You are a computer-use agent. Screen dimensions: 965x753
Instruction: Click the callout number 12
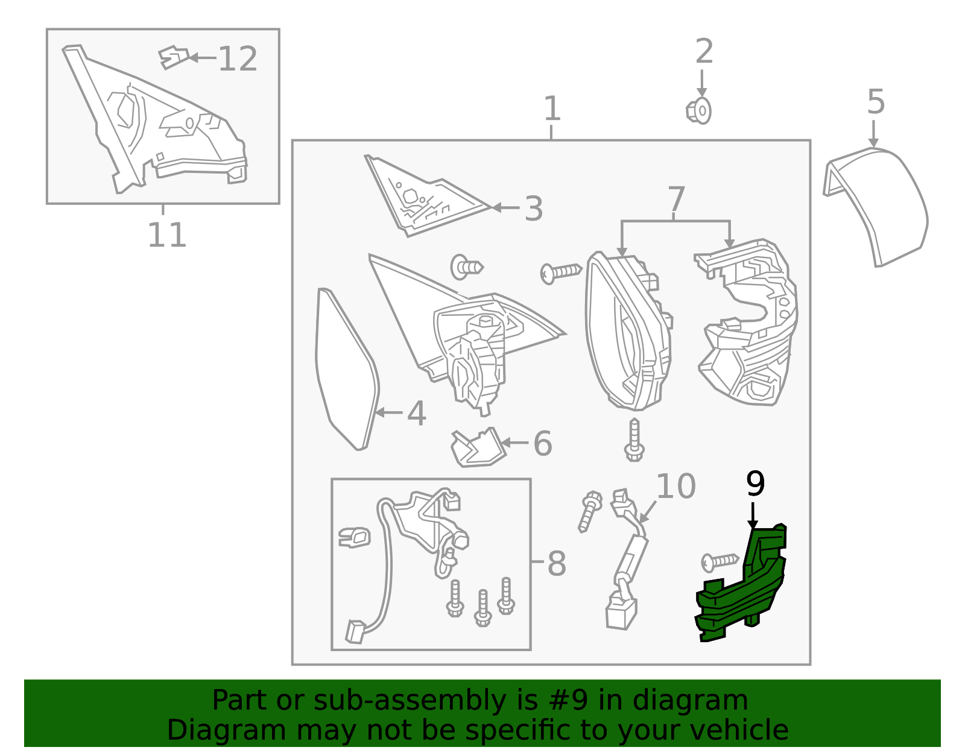click(x=238, y=59)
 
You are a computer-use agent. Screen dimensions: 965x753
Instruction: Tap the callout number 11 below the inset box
click(x=166, y=235)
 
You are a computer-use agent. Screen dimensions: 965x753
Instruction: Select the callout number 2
click(x=704, y=51)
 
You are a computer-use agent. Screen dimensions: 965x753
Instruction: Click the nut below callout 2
click(x=698, y=111)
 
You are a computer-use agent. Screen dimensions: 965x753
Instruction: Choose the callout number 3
click(x=533, y=209)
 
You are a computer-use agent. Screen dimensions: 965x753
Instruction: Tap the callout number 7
click(x=676, y=199)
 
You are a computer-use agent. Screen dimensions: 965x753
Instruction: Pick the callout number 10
click(x=675, y=487)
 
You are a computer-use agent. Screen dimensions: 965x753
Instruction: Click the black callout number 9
click(x=755, y=484)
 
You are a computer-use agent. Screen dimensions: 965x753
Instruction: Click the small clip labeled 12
click(x=174, y=58)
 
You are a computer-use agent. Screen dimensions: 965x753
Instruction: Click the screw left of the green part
click(x=720, y=562)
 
